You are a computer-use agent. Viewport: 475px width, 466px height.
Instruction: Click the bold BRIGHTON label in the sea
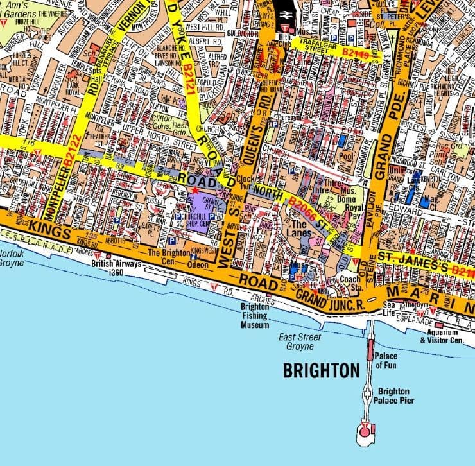pos(321,370)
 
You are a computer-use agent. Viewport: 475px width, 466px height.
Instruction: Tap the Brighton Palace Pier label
pos(396,396)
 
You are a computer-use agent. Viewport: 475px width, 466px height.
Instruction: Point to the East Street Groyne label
pos(297,342)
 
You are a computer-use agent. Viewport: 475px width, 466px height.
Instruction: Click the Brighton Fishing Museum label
pos(255,316)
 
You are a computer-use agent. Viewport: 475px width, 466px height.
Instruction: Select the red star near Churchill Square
pos(195,191)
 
